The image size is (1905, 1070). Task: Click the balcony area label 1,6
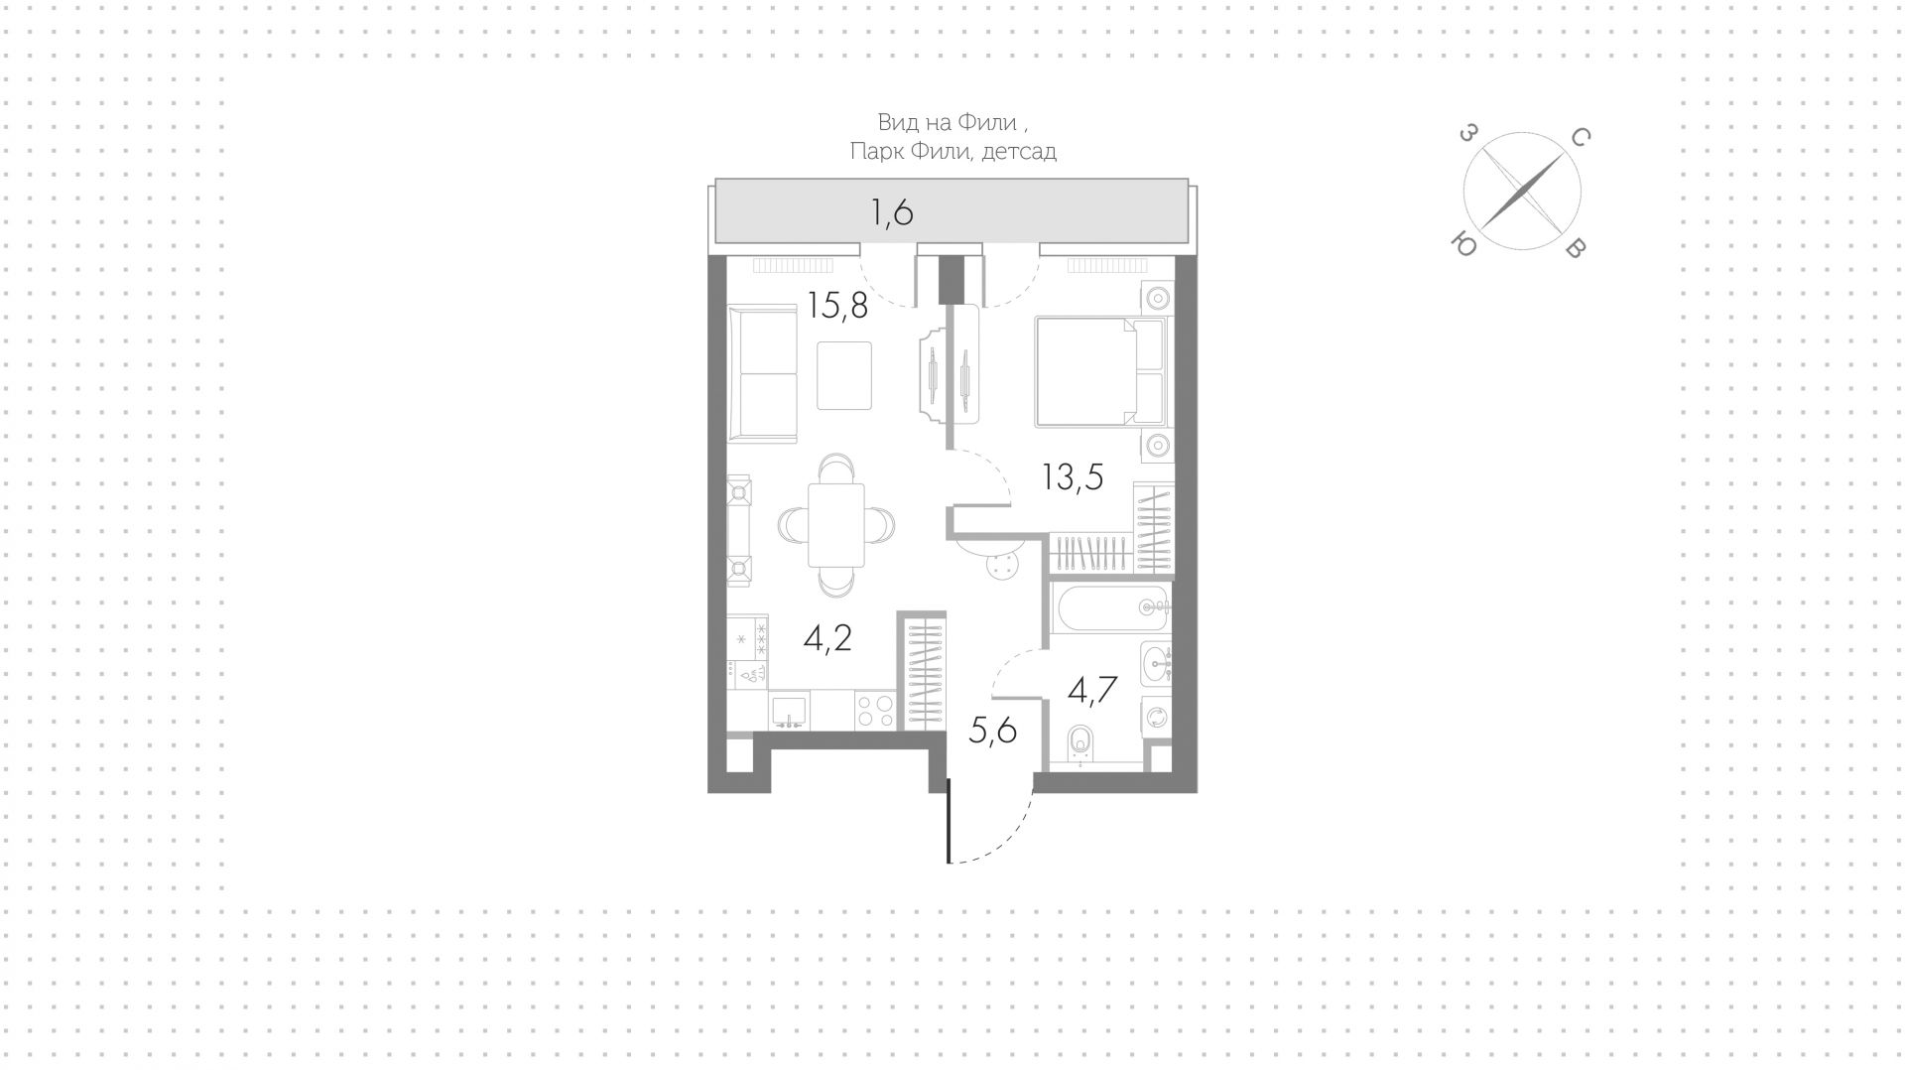(891, 212)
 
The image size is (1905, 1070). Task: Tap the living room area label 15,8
(837, 305)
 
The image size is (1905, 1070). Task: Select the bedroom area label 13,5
(1072, 477)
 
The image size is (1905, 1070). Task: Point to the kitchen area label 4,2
(827, 638)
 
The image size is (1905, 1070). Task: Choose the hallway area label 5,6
(992, 732)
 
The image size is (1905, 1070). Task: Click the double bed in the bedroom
(1099, 371)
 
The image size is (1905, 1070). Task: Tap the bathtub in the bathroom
(1109, 606)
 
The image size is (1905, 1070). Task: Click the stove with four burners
(874, 711)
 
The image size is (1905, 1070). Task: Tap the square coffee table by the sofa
(844, 375)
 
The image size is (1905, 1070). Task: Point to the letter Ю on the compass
(1462, 243)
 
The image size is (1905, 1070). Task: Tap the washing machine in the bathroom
(1157, 717)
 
